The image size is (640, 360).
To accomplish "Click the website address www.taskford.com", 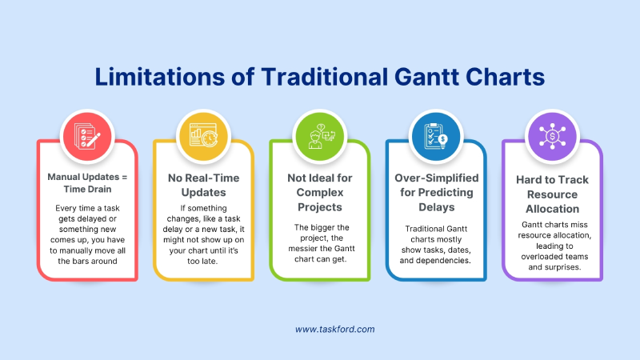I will click(x=335, y=329).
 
